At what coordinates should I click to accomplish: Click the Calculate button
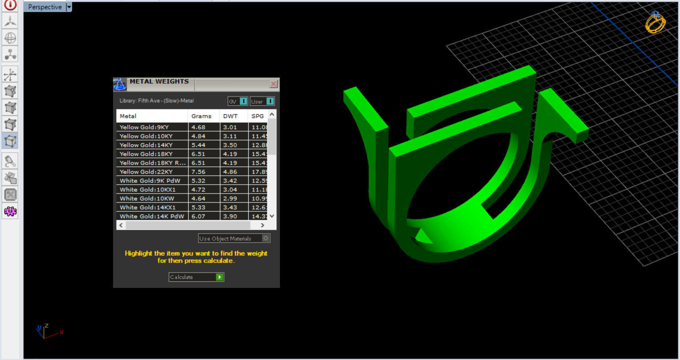tap(196, 277)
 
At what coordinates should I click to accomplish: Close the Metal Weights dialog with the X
tap(273, 84)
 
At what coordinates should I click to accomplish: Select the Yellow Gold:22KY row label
tap(146, 172)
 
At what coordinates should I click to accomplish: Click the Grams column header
tap(201, 116)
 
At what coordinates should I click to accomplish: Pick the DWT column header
tap(231, 116)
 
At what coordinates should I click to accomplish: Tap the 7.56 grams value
tap(198, 172)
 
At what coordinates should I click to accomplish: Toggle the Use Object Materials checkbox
tap(266, 239)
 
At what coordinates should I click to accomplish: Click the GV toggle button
tap(238, 101)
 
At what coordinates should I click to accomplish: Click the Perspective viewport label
tap(45, 7)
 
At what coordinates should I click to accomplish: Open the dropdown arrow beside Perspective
tap(69, 7)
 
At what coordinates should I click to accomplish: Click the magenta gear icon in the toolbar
tap(10, 211)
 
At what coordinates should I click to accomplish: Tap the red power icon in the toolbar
tap(10, 5)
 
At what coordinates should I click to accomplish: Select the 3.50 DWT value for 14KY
tap(230, 145)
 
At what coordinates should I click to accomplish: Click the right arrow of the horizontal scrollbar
tap(263, 225)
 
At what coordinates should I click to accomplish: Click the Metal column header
tap(128, 116)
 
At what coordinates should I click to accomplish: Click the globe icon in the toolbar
tap(10, 38)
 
